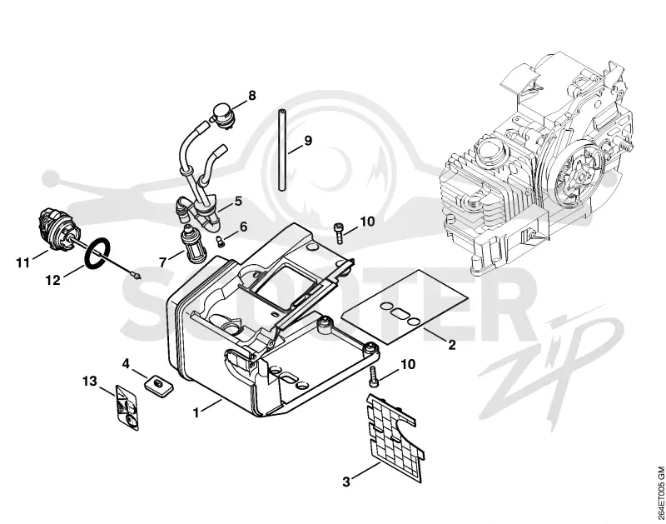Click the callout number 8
click(x=252, y=95)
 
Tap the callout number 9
click(x=308, y=140)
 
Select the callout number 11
click(x=23, y=263)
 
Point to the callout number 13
click(x=90, y=382)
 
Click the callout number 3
click(x=346, y=482)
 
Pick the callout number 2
click(x=451, y=344)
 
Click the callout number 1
click(x=196, y=412)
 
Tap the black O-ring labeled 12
click(x=98, y=254)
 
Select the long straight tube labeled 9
click(x=281, y=151)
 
